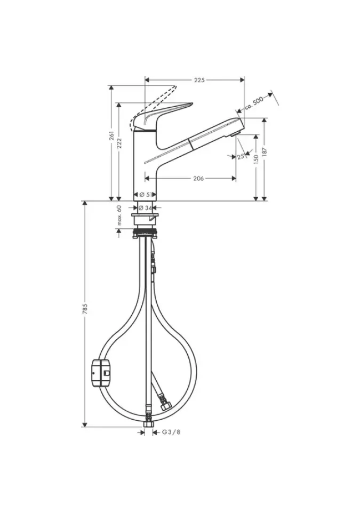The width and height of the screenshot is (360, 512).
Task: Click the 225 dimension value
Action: (x=199, y=80)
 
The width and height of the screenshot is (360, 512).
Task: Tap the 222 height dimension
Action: (x=119, y=143)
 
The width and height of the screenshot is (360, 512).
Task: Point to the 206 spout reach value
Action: (x=198, y=178)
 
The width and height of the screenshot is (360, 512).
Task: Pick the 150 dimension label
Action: (x=256, y=159)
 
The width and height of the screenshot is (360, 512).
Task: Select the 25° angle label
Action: (x=241, y=157)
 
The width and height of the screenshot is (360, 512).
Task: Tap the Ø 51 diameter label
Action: (x=146, y=195)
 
